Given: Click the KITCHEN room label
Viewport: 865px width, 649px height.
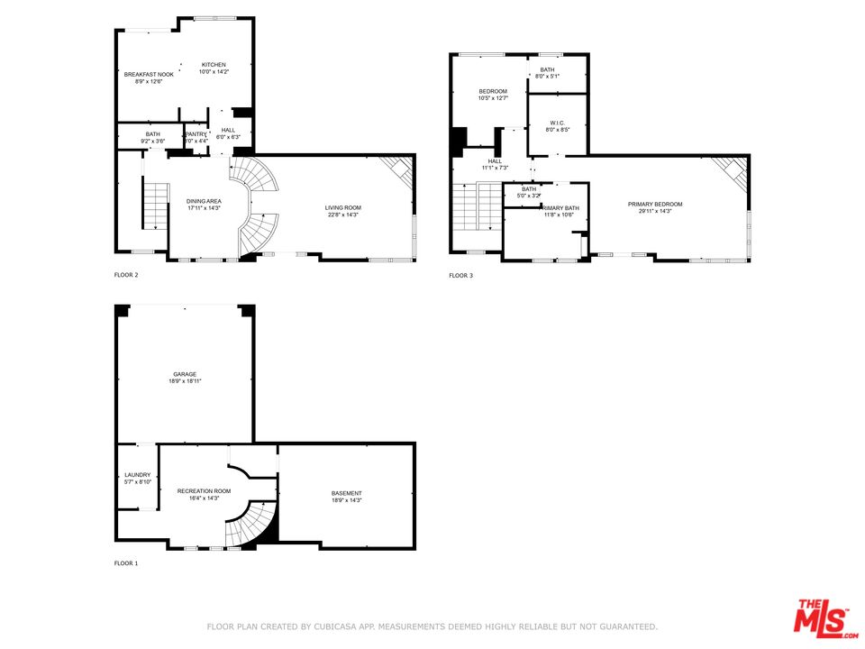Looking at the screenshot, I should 214,65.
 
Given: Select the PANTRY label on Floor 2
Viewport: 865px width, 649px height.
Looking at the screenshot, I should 196,134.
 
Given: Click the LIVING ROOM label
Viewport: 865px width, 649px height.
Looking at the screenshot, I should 343,208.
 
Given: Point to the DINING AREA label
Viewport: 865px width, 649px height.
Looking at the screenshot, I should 204,201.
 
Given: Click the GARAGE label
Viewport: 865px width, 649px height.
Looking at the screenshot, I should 185,374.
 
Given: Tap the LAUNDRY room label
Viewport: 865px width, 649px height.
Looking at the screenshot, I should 138,475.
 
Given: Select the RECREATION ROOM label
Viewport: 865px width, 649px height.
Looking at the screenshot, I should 204,491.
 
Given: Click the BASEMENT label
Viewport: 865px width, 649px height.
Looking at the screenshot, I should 347,493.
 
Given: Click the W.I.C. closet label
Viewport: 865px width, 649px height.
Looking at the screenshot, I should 558,123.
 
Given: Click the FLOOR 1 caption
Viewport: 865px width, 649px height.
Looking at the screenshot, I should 126,563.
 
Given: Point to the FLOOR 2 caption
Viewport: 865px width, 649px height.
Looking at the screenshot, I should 126,275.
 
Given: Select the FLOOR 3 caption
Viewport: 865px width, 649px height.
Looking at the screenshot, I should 460,275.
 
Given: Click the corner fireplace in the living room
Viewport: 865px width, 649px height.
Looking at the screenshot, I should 399,169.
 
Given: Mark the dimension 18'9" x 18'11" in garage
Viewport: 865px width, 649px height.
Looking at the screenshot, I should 185,382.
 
